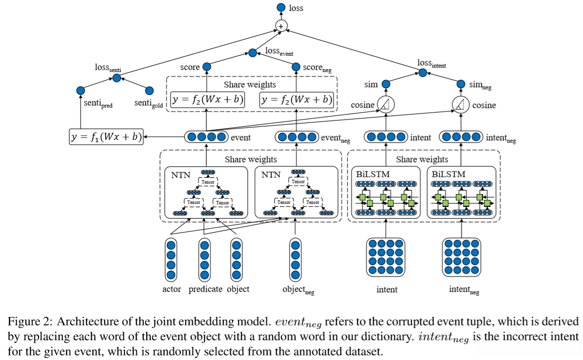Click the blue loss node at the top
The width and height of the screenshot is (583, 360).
tap(281, 8)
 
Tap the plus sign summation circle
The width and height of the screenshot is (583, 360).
tap(281, 26)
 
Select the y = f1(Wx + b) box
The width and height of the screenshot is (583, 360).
tap(106, 137)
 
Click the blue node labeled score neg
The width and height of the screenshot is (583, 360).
tap(296, 67)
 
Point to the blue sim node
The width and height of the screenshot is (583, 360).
tap(385, 84)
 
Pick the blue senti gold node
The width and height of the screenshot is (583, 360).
tap(149, 91)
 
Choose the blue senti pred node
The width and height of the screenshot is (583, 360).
tap(81, 91)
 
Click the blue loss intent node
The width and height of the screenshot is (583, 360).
tap(422, 73)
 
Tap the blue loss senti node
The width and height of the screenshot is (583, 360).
tap(117, 78)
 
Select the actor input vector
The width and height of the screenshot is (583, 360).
tap(171, 259)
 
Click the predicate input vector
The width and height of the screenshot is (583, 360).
tap(205, 259)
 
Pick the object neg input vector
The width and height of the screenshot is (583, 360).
tap(296, 259)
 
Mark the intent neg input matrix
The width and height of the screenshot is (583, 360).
tap(461, 257)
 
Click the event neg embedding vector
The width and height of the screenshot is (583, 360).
tap(296, 137)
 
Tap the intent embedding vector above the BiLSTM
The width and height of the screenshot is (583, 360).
tap(386, 137)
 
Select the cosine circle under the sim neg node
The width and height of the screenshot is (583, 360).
tap(460, 105)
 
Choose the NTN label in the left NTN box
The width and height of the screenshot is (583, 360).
tap(180, 174)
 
